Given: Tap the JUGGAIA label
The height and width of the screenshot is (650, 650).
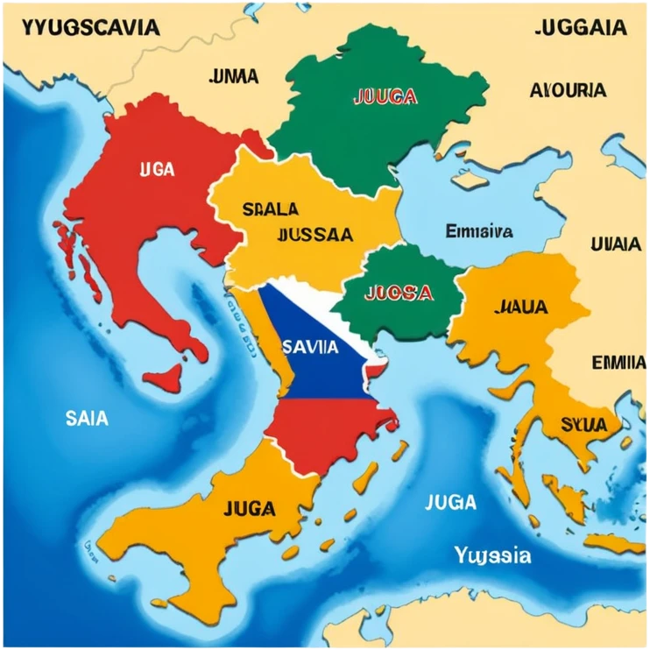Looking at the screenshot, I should click(580, 27).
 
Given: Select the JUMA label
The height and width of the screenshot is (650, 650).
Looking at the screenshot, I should click(234, 76).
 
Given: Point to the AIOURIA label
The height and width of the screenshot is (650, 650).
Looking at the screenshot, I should click(568, 89).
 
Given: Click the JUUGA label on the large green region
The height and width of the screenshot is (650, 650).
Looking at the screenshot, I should click(384, 97).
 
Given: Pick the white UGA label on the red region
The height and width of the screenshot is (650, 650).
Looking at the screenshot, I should click(157, 169).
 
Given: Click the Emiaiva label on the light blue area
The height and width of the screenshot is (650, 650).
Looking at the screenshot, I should click(479, 231).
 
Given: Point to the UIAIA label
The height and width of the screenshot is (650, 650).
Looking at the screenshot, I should click(616, 244).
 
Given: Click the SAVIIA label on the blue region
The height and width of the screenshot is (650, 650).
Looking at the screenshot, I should click(311, 346).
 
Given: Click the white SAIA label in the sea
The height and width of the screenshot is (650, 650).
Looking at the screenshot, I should click(87, 419).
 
